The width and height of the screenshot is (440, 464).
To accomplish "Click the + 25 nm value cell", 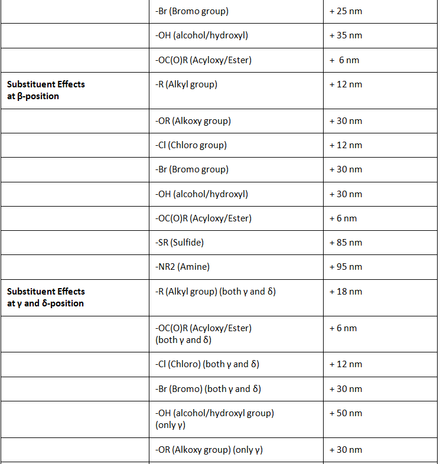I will [346, 11].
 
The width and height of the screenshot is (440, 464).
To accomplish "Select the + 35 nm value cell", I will [346, 35].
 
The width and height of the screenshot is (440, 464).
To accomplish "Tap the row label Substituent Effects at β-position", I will [46, 90].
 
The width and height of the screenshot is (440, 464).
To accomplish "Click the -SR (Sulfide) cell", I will [179, 243].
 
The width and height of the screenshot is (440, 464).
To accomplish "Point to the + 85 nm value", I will [346, 243].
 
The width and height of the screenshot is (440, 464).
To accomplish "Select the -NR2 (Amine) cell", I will [182, 267].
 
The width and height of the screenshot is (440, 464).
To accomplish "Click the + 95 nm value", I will [346, 267].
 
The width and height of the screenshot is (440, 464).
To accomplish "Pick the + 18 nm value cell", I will [346, 292].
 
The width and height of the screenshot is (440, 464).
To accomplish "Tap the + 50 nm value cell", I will [346, 413].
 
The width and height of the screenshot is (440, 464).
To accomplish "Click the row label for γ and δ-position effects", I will [46, 297].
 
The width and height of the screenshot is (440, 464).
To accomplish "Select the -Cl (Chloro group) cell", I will [191, 145].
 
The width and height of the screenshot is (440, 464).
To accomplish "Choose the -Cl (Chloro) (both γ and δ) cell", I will [207, 364].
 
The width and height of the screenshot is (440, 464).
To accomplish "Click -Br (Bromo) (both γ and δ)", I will [208, 389].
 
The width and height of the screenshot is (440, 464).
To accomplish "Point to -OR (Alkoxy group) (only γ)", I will [208, 450].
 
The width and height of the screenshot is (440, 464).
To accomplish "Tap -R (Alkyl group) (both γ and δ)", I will [215, 292].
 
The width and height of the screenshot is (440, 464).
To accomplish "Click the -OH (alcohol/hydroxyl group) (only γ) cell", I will [214, 419].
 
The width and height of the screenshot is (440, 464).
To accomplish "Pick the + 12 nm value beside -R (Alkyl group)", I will [346, 84].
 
